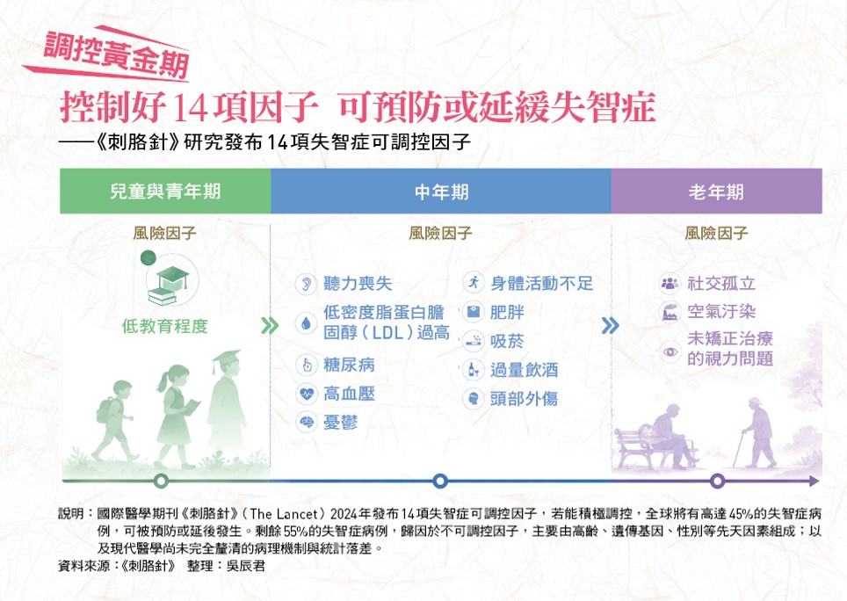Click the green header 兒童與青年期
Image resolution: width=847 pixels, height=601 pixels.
(x=165, y=192)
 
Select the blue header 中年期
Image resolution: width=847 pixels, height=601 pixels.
(x=441, y=192)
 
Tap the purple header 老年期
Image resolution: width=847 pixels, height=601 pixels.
(x=716, y=192)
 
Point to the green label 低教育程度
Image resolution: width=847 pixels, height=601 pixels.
(x=165, y=326)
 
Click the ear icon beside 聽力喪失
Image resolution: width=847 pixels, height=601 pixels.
(x=307, y=284)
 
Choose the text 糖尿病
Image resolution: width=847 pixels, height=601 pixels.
(x=349, y=365)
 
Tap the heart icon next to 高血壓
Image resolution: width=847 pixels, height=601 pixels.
(x=307, y=394)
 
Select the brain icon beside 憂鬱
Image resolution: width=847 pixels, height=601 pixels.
(x=307, y=423)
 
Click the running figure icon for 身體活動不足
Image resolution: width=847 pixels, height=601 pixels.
(x=474, y=282)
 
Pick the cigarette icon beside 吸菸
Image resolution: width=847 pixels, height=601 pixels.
(x=474, y=341)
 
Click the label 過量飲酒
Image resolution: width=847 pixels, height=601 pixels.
(x=524, y=370)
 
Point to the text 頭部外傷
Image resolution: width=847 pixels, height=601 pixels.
(x=524, y=399)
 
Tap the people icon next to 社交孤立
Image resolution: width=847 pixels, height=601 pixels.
(x=670, y=283)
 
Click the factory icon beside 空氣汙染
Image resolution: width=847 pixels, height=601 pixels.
(x=670, y=312)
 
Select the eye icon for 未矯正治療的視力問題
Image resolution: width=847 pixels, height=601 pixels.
(x=670, y=352)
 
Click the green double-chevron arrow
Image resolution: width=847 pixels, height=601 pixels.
(x=270, y=326)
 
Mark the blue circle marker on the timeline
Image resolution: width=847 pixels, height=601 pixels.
(x=440, y=481)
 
